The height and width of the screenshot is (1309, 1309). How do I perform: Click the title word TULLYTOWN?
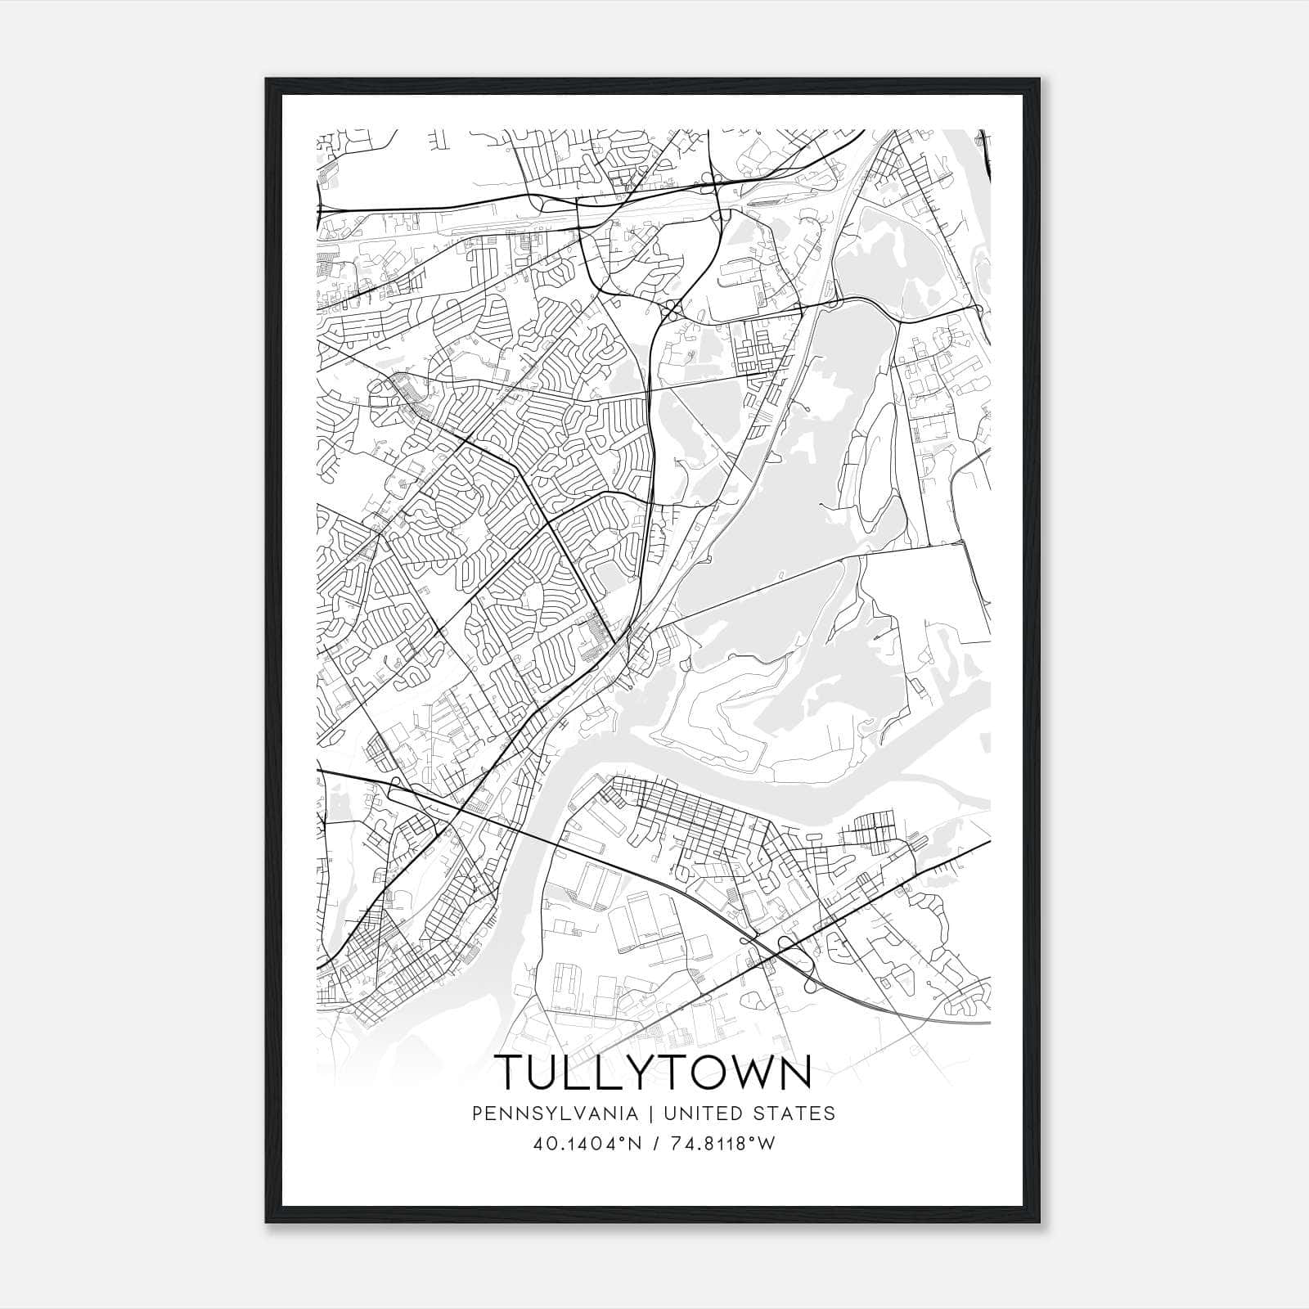654,1073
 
